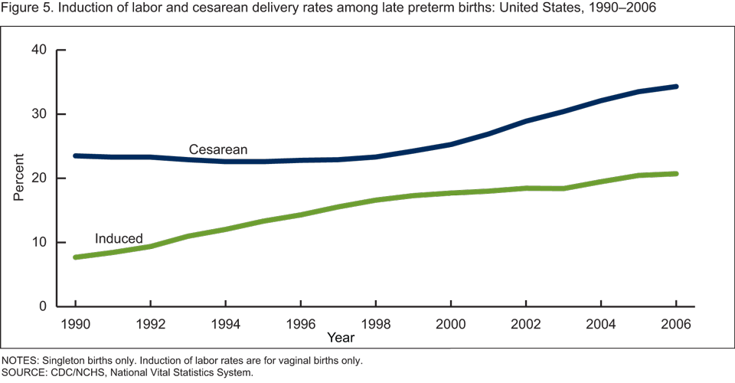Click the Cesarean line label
click(x=218, y=149)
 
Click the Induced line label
click(x=119, y=239)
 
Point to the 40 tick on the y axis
click(x=39, y=51)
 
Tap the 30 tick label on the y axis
click(x=39, y=114)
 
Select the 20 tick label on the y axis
click(x=39, y=178)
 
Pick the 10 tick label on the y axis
click(x=39, y=243)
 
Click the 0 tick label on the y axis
click(x=43, y=306)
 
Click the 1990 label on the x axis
click(x=75, y=323)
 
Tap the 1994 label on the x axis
click(x=225, y=323)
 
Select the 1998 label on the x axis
click(x=376, y=323)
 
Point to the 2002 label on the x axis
click(x=526, y=323)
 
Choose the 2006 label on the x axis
click(x=676, y=323)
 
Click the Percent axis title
click(x=18, y=178)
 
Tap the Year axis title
click(x=340, y=337)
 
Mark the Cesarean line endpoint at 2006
click(x=676, y=87)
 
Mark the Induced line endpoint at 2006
click(x=676, y=174)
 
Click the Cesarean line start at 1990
click(x=75, y=155)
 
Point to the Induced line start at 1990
click(x=75, y=257)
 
